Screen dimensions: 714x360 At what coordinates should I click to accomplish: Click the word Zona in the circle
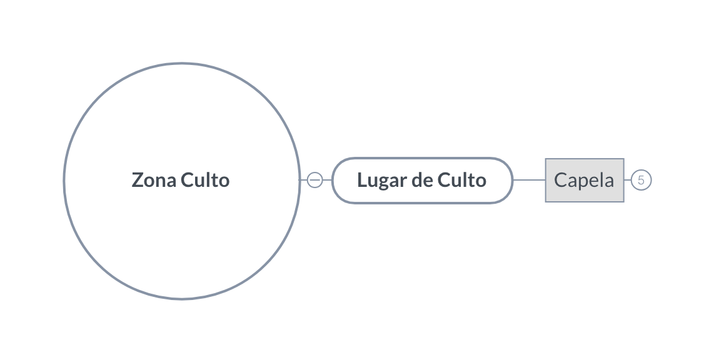(154, 180)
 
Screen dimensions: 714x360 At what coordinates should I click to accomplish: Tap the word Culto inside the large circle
(205, 180)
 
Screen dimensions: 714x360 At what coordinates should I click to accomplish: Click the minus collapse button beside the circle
(314, 180)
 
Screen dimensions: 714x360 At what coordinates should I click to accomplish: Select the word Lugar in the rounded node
(382, 181)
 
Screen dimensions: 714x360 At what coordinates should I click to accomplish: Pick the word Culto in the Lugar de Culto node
(462, 180)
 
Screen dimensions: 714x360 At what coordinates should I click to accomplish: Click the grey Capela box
(585, 180)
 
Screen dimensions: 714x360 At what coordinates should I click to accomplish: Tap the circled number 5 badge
(641, 180)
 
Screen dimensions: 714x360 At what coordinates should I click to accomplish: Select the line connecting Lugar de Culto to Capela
(529, 180)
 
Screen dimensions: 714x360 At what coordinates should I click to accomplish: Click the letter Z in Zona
(138, 180)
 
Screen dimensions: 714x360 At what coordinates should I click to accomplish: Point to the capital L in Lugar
(363, 180)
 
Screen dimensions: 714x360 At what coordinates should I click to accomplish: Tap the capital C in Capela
(561, 180)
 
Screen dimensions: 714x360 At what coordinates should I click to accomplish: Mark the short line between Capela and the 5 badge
(628, 180)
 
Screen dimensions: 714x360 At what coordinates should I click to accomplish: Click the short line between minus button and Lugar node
(328, 180)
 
